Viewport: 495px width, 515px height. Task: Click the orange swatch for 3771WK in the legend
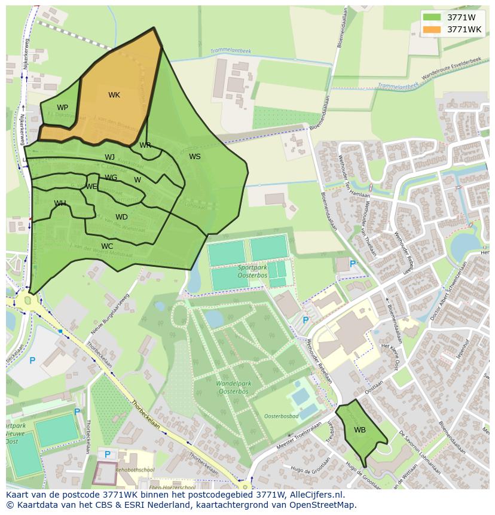point(432,29)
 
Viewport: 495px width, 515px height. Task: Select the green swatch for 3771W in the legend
point(432,17)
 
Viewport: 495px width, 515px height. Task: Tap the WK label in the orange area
point(114,95)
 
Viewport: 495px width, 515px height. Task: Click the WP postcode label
point(62,108)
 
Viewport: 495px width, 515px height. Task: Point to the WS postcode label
point(195,157)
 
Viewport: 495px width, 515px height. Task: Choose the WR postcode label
point(145,145)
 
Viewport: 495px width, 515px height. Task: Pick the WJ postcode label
point(109,157)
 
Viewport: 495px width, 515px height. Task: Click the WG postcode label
point(111,178)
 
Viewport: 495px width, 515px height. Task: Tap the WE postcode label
point(91,187)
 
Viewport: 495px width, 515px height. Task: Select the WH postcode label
point(60,203)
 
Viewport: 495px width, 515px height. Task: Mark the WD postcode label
point(121,217)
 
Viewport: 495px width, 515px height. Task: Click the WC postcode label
point(107,246)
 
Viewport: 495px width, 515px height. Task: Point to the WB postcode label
point(359,430)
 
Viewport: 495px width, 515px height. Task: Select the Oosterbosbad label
point(282,416)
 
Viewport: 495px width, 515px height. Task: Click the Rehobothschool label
point(136,470)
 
